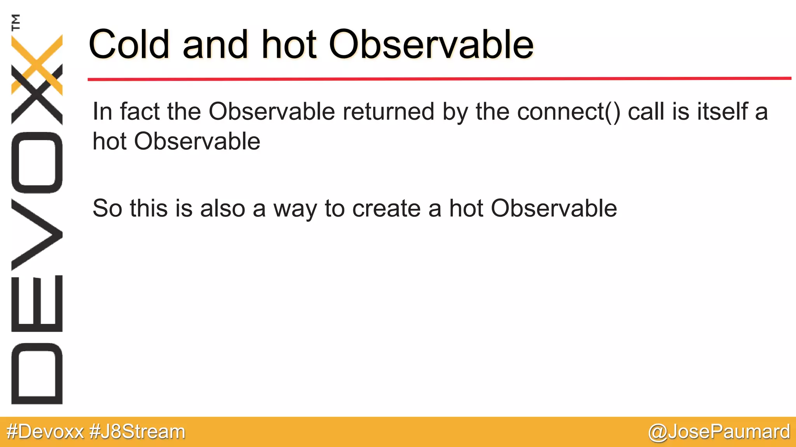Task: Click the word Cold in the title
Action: [x=129, y=45]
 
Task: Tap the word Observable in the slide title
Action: [x=431, y=45]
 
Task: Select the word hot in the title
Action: [x=289, y=45]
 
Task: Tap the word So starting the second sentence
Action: [x=107, y=208]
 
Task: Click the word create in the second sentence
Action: [x=386, y=208]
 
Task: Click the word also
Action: [x=222, y=208]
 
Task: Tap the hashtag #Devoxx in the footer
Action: [x=45, y=431]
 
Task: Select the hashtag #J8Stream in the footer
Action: [x=137, y=431]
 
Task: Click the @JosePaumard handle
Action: [x=719, y=431]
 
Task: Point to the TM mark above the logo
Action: [x=16, y=22]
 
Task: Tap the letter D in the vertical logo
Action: [x=37, y=373]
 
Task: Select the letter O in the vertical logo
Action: [x=37, y=163]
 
